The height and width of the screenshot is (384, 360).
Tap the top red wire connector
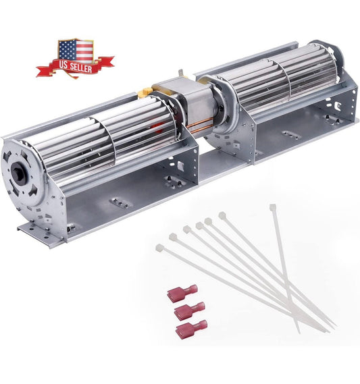pyautogui.click(x=182, y=292)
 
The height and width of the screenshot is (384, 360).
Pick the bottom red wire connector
pyautogui.click(x=191, y=329)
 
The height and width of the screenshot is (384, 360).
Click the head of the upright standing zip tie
pyautogui.click(x=273, y=208)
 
